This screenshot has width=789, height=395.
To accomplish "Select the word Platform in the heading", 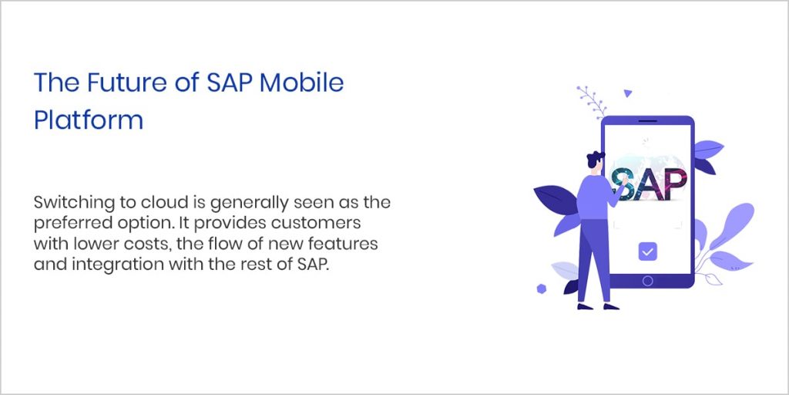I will tap(88, 120).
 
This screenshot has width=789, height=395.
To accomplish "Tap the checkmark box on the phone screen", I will tap(647, 251).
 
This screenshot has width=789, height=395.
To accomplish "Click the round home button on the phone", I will tap(647, 281).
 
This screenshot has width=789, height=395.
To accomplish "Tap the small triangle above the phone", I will tap(628, 93).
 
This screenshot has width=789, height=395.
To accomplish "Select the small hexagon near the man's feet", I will tap(542, 289).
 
